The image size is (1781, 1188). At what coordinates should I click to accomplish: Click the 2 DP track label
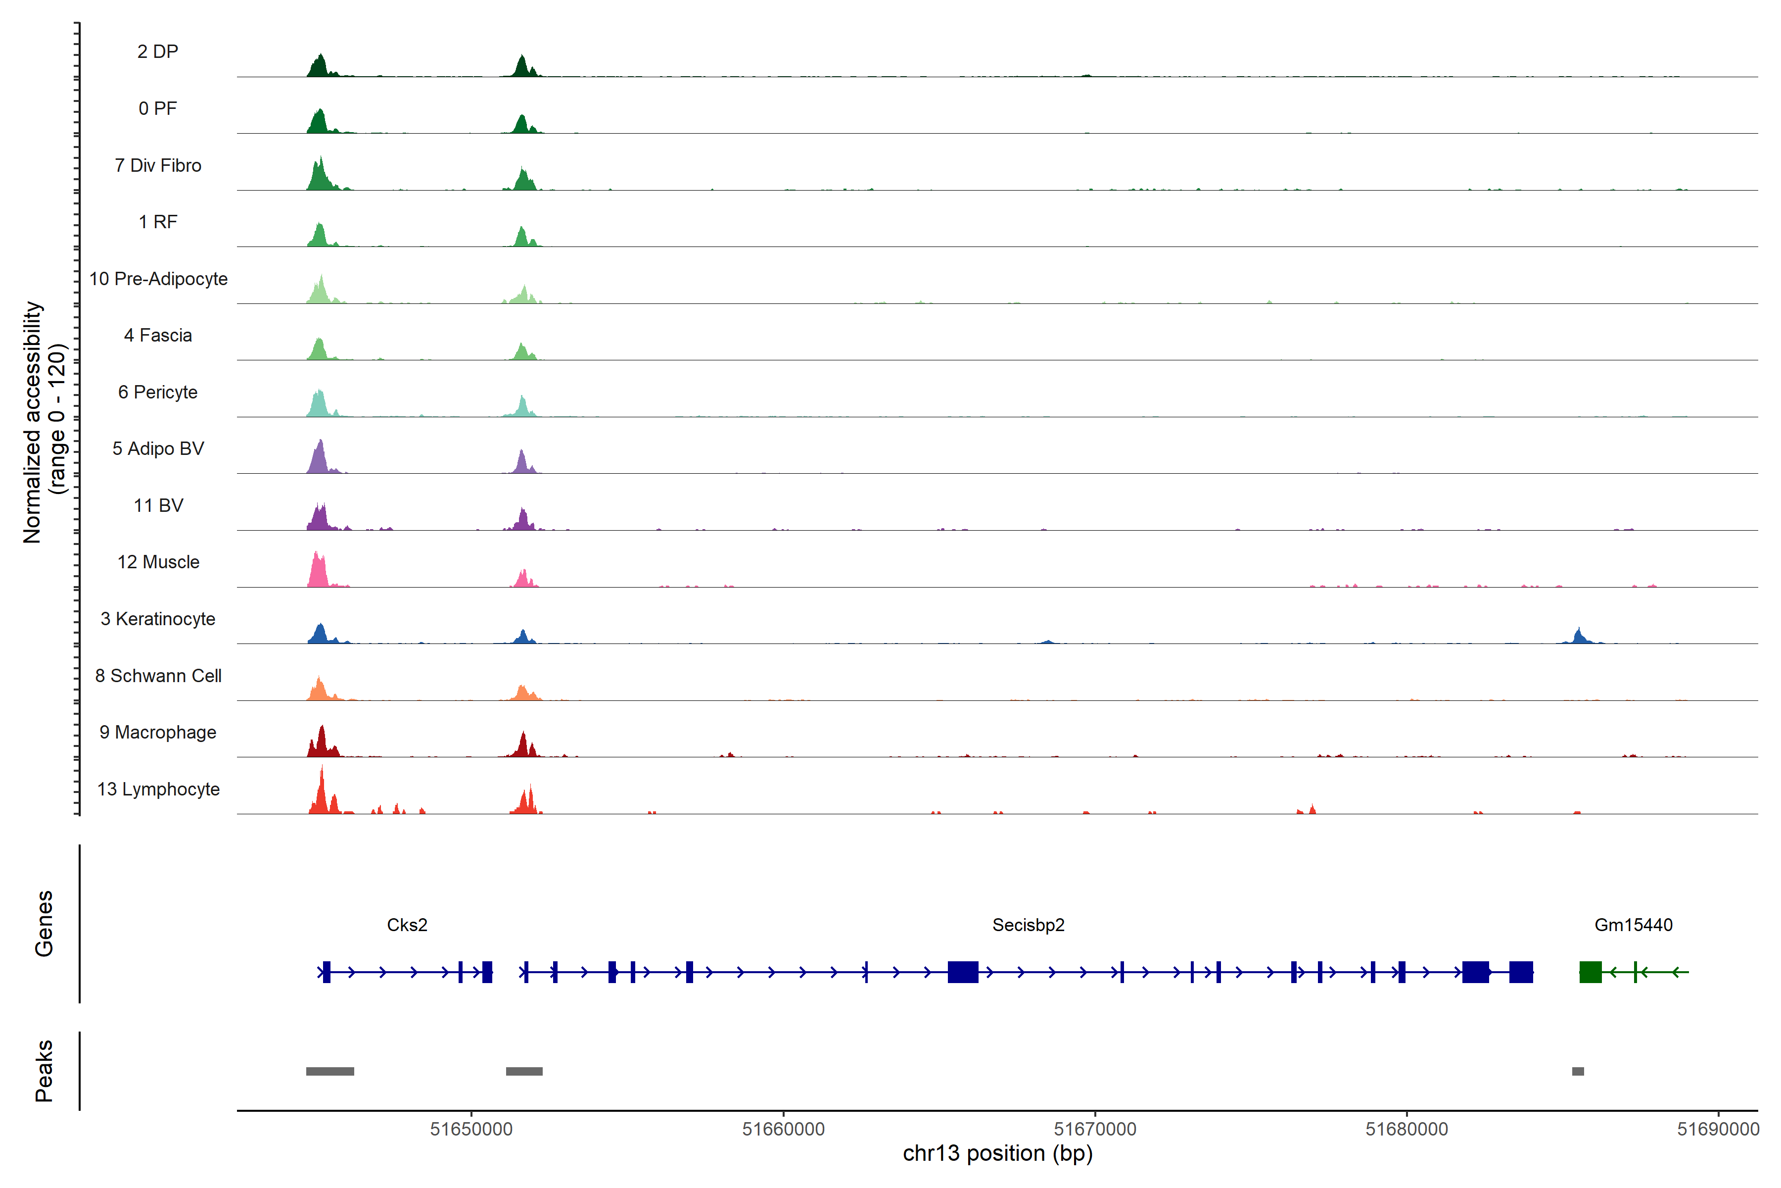pos(157,51)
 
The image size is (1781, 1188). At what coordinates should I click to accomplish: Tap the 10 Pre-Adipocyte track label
pos(158,279)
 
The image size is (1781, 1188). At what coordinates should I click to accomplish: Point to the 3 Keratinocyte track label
pos(158,619)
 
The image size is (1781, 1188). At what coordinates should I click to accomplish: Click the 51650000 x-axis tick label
pos(471,1129)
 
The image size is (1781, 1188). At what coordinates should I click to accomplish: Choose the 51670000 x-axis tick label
pos(1095,1129)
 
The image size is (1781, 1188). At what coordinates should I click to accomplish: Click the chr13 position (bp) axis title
pos(997,1153)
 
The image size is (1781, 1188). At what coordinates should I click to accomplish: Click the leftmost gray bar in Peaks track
pos(330,1071)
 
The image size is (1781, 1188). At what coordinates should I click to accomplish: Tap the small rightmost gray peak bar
pos(1578,1071)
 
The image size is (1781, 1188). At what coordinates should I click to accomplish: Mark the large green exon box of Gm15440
pos(1590,971)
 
